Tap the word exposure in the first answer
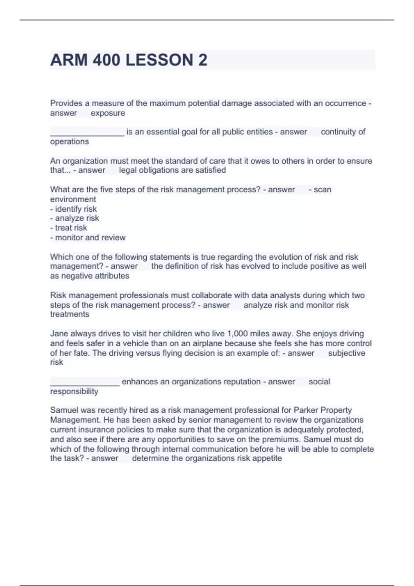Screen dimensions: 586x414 point(108,113)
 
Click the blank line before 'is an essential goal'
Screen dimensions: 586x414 point(87,132)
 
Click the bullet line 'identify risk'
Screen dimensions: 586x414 point(73,209)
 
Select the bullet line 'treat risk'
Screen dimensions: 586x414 point(69,228)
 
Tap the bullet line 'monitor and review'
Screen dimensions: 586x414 point(88,238)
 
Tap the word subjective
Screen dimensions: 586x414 point(346,353)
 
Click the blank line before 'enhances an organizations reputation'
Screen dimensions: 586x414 point(85,382)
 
